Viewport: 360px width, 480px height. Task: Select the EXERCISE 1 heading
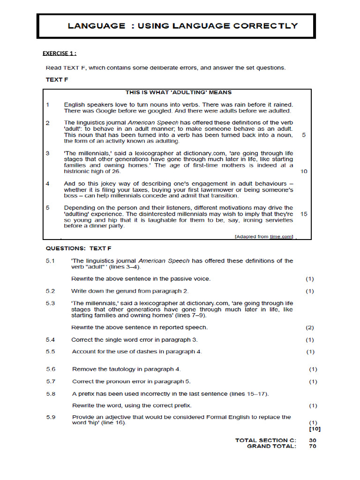click(x=60, y=53)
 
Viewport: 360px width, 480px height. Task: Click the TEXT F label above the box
click(x=57, y=80)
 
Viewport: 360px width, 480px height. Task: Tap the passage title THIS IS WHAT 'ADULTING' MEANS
click(x=178, y=92)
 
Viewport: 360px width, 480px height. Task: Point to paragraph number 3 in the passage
click(x=48, y=153)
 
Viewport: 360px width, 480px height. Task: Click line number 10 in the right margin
click(x=304, y=172)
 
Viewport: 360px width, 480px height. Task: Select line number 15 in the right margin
click(x=304, y=214)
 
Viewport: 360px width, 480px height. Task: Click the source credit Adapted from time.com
click(x=264, y=237)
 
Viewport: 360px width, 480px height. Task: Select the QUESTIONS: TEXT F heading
click(x=78, y=248)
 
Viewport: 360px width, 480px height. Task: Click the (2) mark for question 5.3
click(x=310, y=328)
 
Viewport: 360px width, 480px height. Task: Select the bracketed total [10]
click(x=315, y=429)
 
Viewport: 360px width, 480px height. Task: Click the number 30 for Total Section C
click(x=313, y=440)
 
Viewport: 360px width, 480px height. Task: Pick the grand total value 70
click(x=313, y=446)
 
